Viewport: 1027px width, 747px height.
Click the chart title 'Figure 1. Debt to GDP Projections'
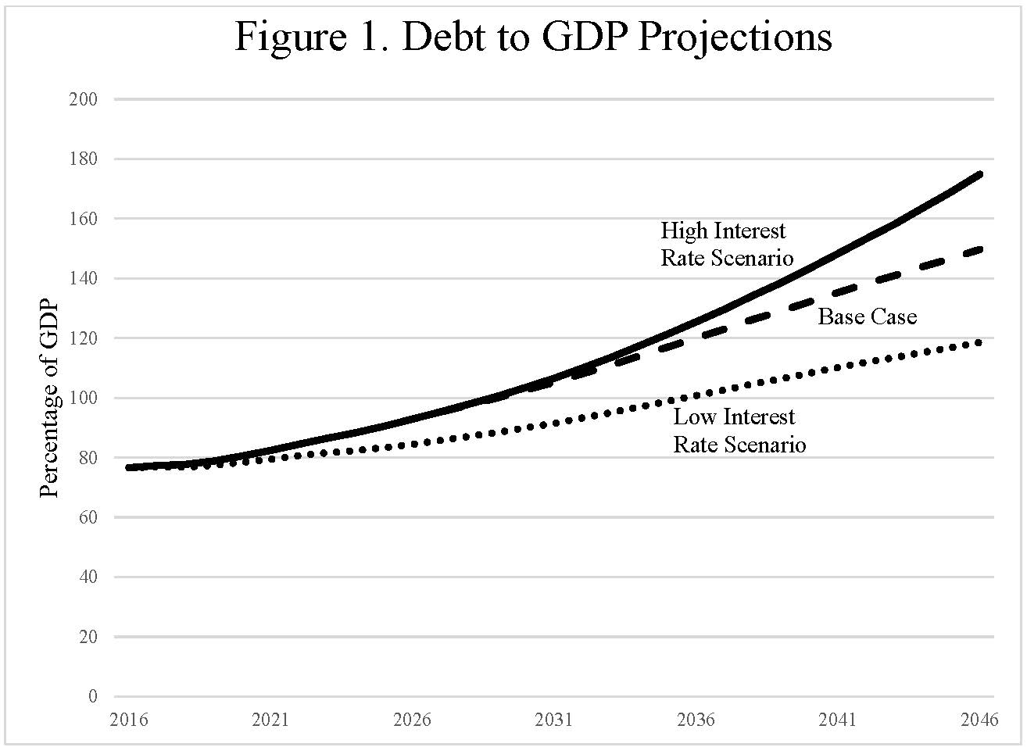533,37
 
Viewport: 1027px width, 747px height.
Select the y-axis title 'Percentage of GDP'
49,399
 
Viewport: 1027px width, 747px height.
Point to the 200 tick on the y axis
83,99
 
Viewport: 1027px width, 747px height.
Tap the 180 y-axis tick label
83,159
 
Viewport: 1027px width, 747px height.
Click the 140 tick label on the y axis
83,279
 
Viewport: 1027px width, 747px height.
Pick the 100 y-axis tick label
83,399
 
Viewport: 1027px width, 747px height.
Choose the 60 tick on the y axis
87,517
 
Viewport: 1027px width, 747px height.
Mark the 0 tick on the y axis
93,696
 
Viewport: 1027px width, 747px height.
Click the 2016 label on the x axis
129,720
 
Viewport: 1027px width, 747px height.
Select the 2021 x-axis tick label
270,720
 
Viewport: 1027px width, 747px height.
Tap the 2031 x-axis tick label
553,720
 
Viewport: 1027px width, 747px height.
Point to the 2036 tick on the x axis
696,720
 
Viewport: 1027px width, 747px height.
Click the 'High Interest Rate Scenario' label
726,244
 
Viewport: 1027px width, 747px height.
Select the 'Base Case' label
867,316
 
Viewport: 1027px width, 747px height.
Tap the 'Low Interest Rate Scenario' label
739,431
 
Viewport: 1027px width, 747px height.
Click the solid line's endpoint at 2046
980,174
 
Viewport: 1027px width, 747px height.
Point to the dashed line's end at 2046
980,249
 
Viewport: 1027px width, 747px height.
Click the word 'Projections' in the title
735,37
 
